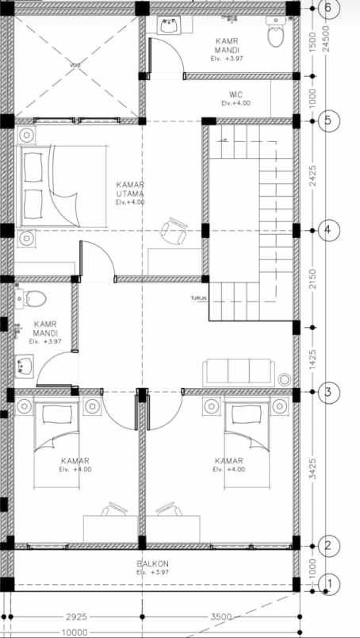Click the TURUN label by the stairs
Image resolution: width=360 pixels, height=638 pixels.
[198, 298]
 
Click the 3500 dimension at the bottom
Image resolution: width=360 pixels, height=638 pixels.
[222, 617]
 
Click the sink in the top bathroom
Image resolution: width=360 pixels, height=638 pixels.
[170, 25]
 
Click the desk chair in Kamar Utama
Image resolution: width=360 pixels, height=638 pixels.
[174, 231]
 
